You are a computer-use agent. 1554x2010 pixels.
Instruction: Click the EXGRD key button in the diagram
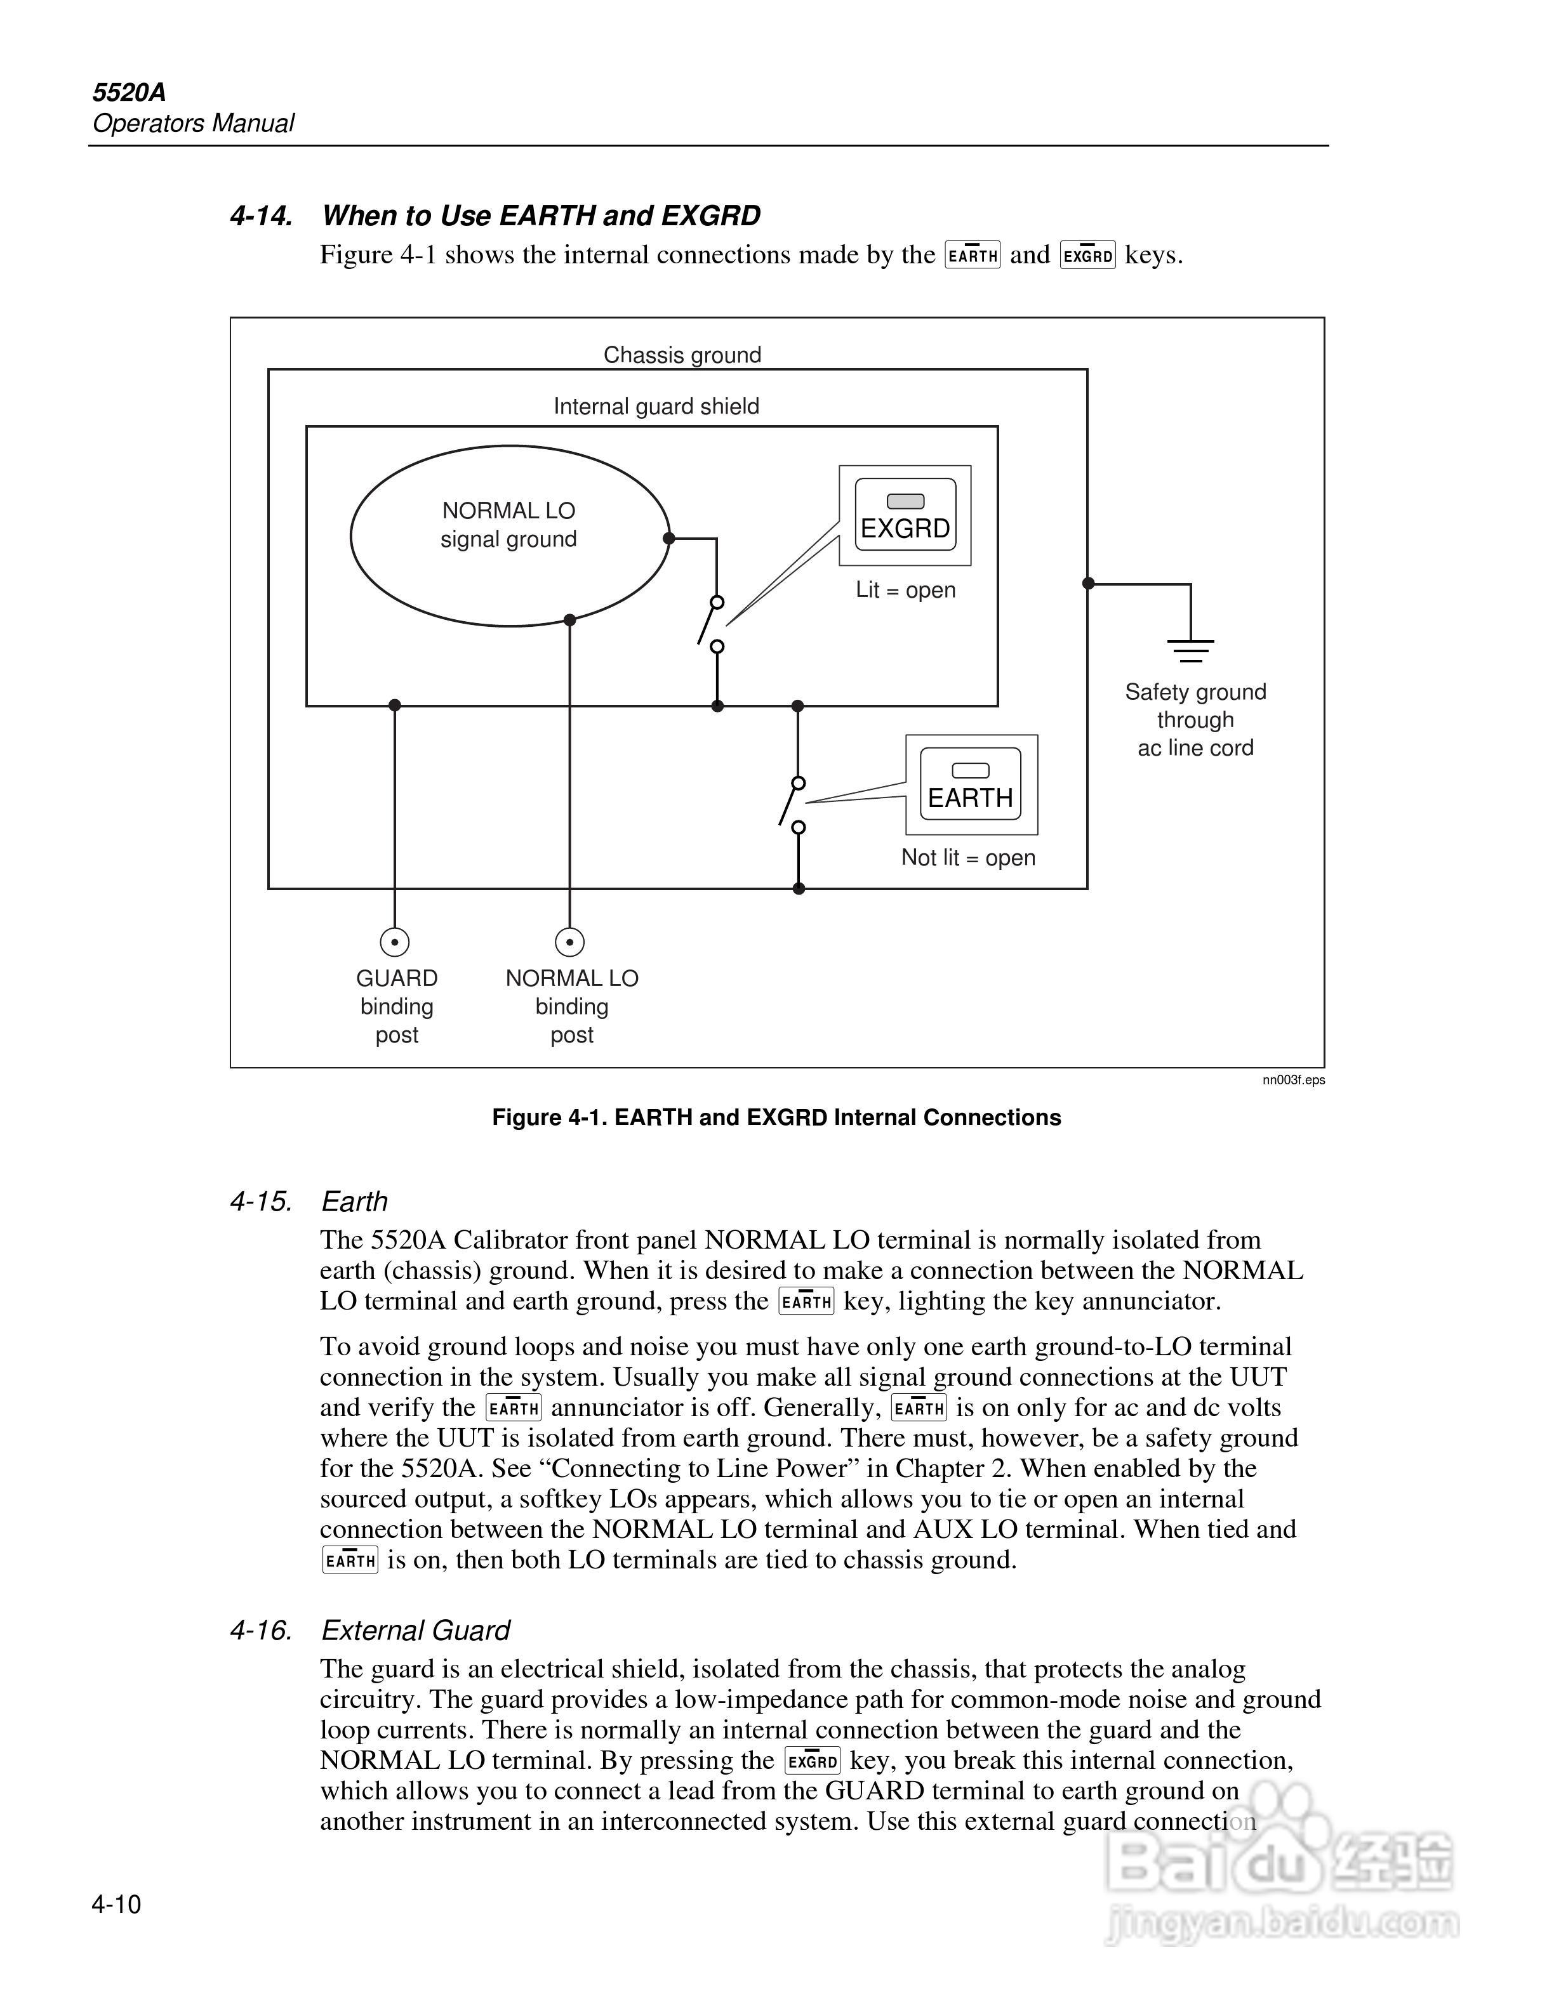(x=905, y=515)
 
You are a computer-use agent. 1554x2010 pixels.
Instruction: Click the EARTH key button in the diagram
(x=971, y=784)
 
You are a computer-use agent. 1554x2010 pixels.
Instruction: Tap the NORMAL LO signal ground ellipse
(x=509, y=535)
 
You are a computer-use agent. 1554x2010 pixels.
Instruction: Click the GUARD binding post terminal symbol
(x=395, y=942)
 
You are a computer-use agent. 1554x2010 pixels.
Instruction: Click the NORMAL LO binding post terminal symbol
(x=570, y=942)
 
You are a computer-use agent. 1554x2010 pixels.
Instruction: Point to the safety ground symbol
(x=1192, y=650)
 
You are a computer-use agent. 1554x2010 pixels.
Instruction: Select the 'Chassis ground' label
(x=682, y=355)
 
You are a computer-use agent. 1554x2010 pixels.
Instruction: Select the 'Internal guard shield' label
(x=656, y=407)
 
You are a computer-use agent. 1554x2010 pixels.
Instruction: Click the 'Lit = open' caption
(x=905, y=590)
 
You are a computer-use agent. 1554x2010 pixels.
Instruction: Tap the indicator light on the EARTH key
(x=971, y=770)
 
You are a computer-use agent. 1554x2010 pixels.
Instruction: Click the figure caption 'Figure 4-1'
(x=776, y=1117)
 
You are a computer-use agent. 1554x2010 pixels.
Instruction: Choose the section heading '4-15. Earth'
(x=309, y=1202)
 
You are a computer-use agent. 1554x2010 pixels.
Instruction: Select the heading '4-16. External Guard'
(x=370, y=1631)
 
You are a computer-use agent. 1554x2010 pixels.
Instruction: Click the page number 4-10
(x=116, y=1904)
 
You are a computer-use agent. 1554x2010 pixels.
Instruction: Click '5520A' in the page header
(x=129, y=92)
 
